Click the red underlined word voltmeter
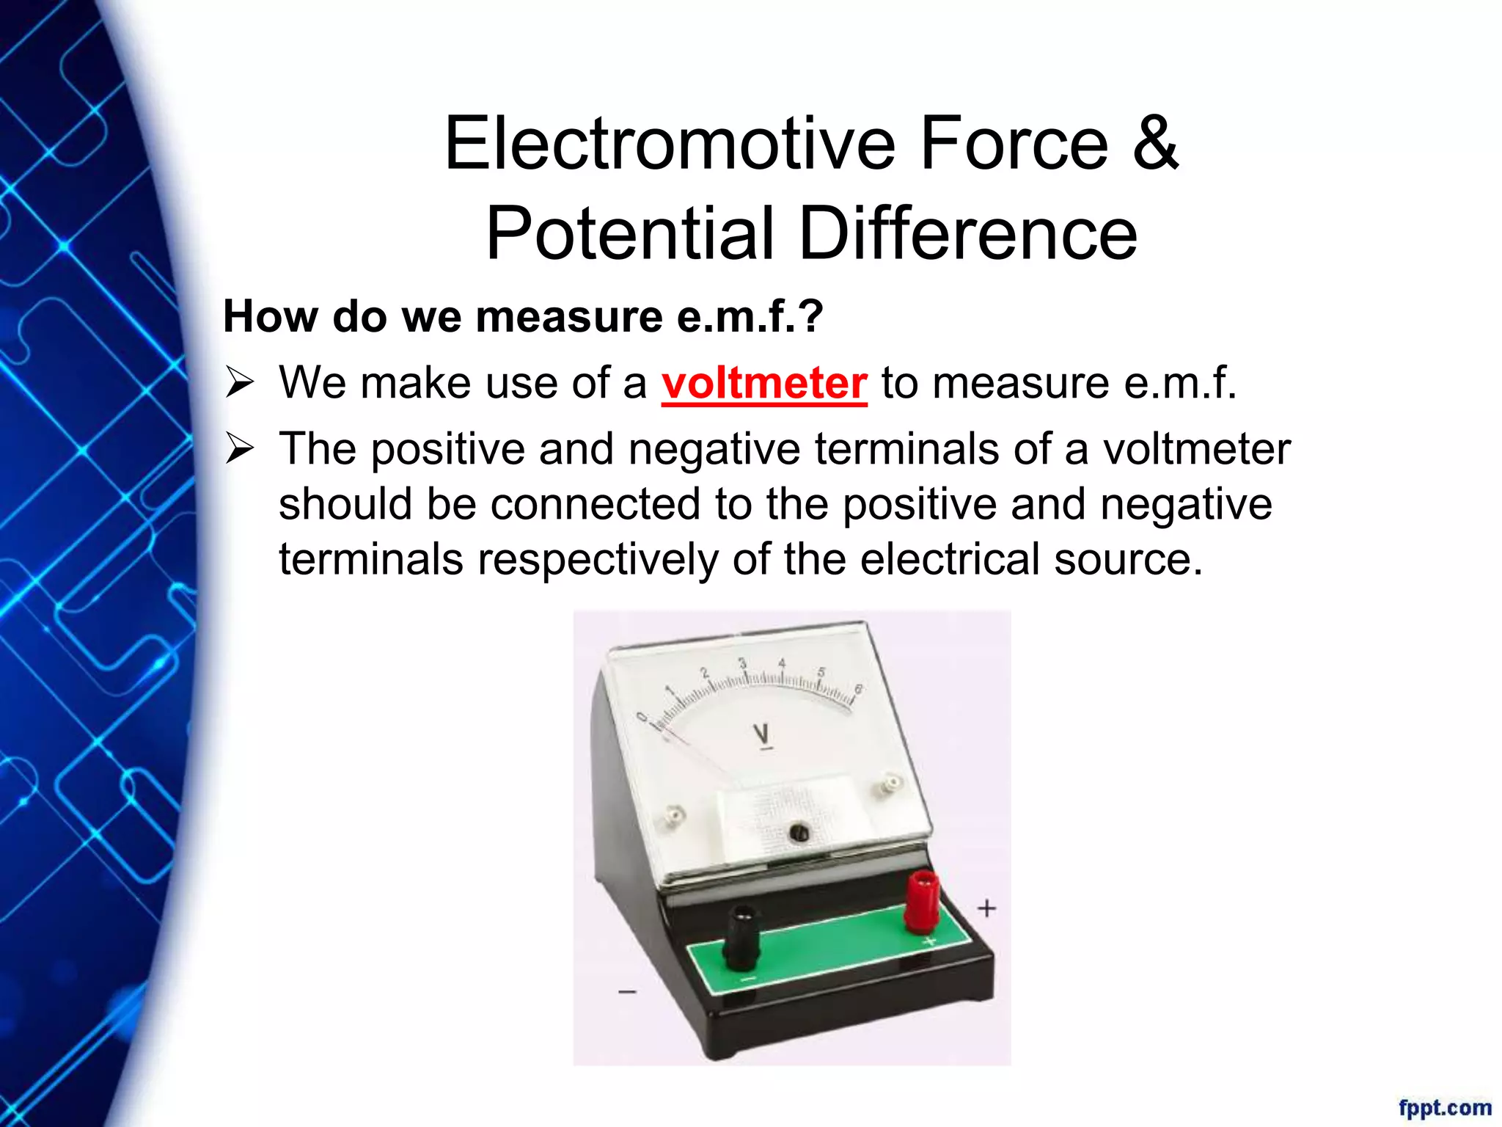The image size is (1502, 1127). pyautogui.click(x=764, y=383)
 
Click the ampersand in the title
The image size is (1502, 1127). pyautogui.click(x=1154, y=143)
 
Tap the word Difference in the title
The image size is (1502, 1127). pyautogui.click(x=967, y=233)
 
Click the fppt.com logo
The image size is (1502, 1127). pyautogui.click(x=1444, y=1106)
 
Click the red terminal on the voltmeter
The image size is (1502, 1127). pyautogui.click(x=921, y=902)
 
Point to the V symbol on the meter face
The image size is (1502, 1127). pyautogui.click(x=761, y=733)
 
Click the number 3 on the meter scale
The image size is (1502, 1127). pyautogui.click(x=742, y=663)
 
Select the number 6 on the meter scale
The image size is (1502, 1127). pyautogui.click(x=859, y=689)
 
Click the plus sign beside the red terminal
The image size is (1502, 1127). pyautogui.click(x=986, y=908)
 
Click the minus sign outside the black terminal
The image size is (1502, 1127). pyautogui.click(x=627, y=992)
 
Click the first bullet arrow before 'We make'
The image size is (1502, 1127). pyautogui.click(x=239, y=383)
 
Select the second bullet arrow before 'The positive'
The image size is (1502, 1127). pyautogui.click(x=239, y=448)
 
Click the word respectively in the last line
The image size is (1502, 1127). pyautogui.click(x=598, y=559)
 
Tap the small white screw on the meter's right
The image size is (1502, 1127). pyautogui.click(x=890, y=784)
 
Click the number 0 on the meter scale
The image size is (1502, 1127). pyautogui.click(x=642, y=717)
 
